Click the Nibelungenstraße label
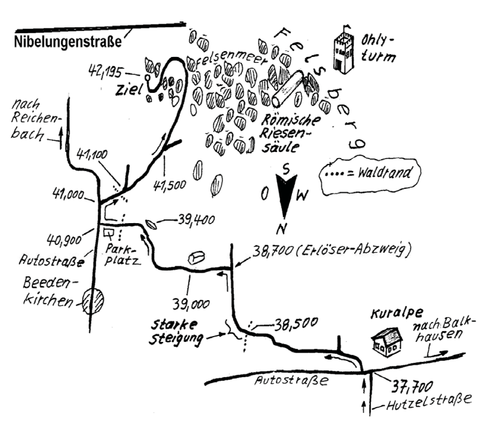[68, 41]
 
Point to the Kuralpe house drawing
[387, 341]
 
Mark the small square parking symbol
[108, 233]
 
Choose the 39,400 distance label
[196, 221]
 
